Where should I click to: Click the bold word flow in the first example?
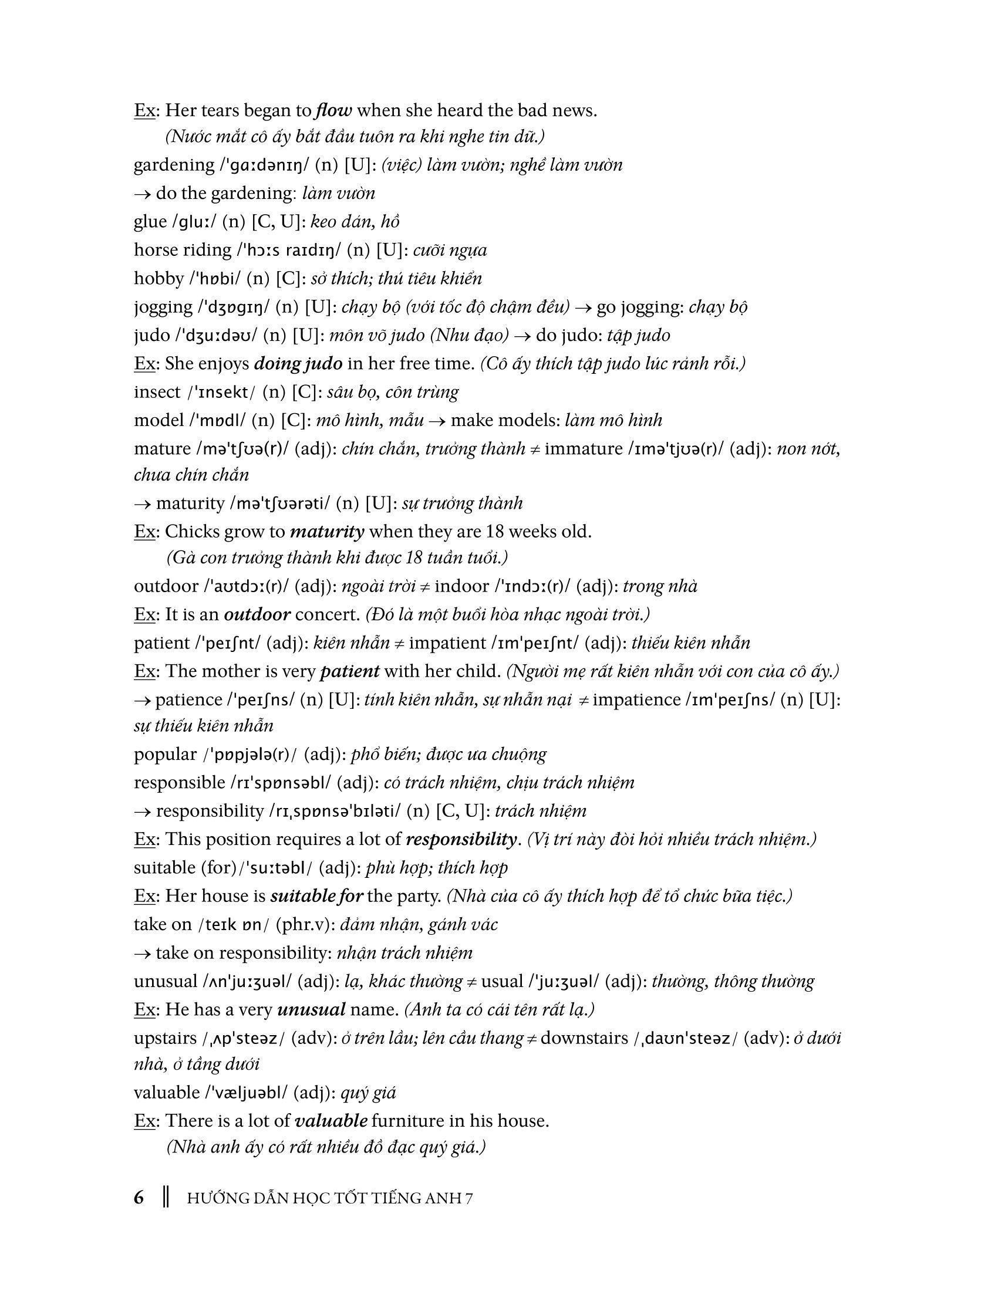335,110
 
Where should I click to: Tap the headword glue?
150,222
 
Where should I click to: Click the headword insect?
157,392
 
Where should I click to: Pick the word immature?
584,449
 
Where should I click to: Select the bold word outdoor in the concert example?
257,615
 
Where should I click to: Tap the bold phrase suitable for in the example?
316,896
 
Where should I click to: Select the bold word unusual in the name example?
311,1010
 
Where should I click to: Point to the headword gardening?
174,165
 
